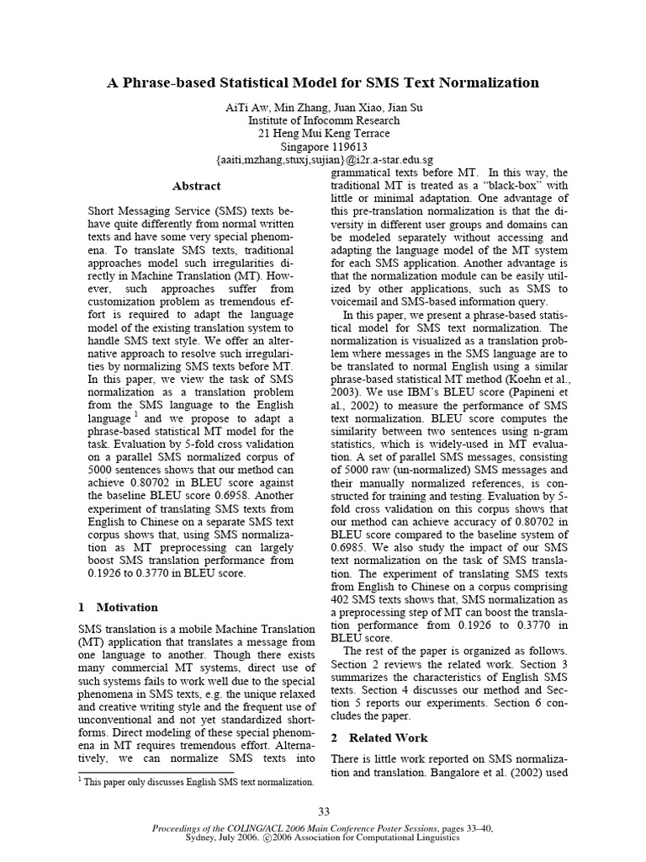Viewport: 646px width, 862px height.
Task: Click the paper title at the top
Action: click(x=323, y=82)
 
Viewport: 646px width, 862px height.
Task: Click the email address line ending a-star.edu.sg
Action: click(x=324, y=158)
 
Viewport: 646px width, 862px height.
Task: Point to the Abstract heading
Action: click(x=196, y=186)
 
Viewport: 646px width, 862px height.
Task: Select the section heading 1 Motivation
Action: click(x=118, y=607)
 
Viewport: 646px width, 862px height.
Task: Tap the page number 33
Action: click(x=324, y=811)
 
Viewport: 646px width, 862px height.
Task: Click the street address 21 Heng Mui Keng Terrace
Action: click(x=324, y=132)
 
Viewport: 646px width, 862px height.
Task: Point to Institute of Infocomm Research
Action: click(x=324, y=120)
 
